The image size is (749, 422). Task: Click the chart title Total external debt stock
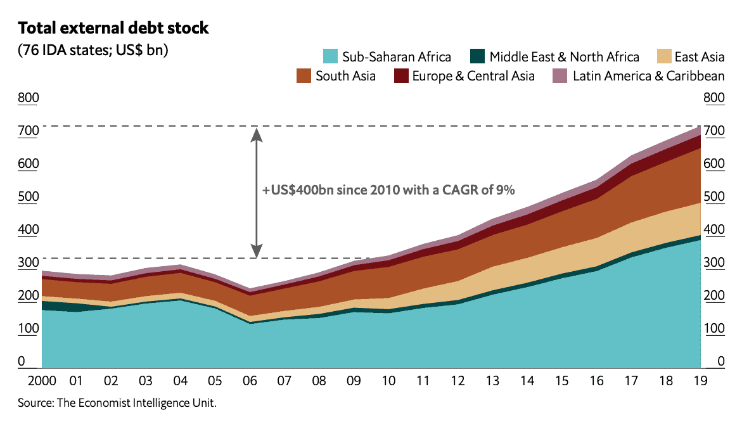(x=113, y=29)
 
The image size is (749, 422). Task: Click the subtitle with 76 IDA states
(x=93, y=51)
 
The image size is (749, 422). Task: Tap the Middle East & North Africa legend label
(x=564, y=57)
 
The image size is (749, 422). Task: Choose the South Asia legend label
(x=345, y=76)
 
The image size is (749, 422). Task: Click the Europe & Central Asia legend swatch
(x=400, y=76)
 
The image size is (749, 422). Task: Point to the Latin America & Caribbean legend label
(x=648, y=76)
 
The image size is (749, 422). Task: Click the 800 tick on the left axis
(x=29, y=98)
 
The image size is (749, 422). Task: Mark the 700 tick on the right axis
(x=714, y=131)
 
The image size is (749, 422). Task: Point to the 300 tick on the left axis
(x=29, y=262)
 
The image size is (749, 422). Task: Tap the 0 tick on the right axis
(x=720, y=362)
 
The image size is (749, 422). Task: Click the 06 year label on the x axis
(x=249, y=381)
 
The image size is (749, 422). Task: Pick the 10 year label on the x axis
(x=388, y=381)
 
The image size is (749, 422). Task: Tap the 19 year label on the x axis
(x=700, y=381)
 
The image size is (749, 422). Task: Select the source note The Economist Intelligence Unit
(x=117, y=402)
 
